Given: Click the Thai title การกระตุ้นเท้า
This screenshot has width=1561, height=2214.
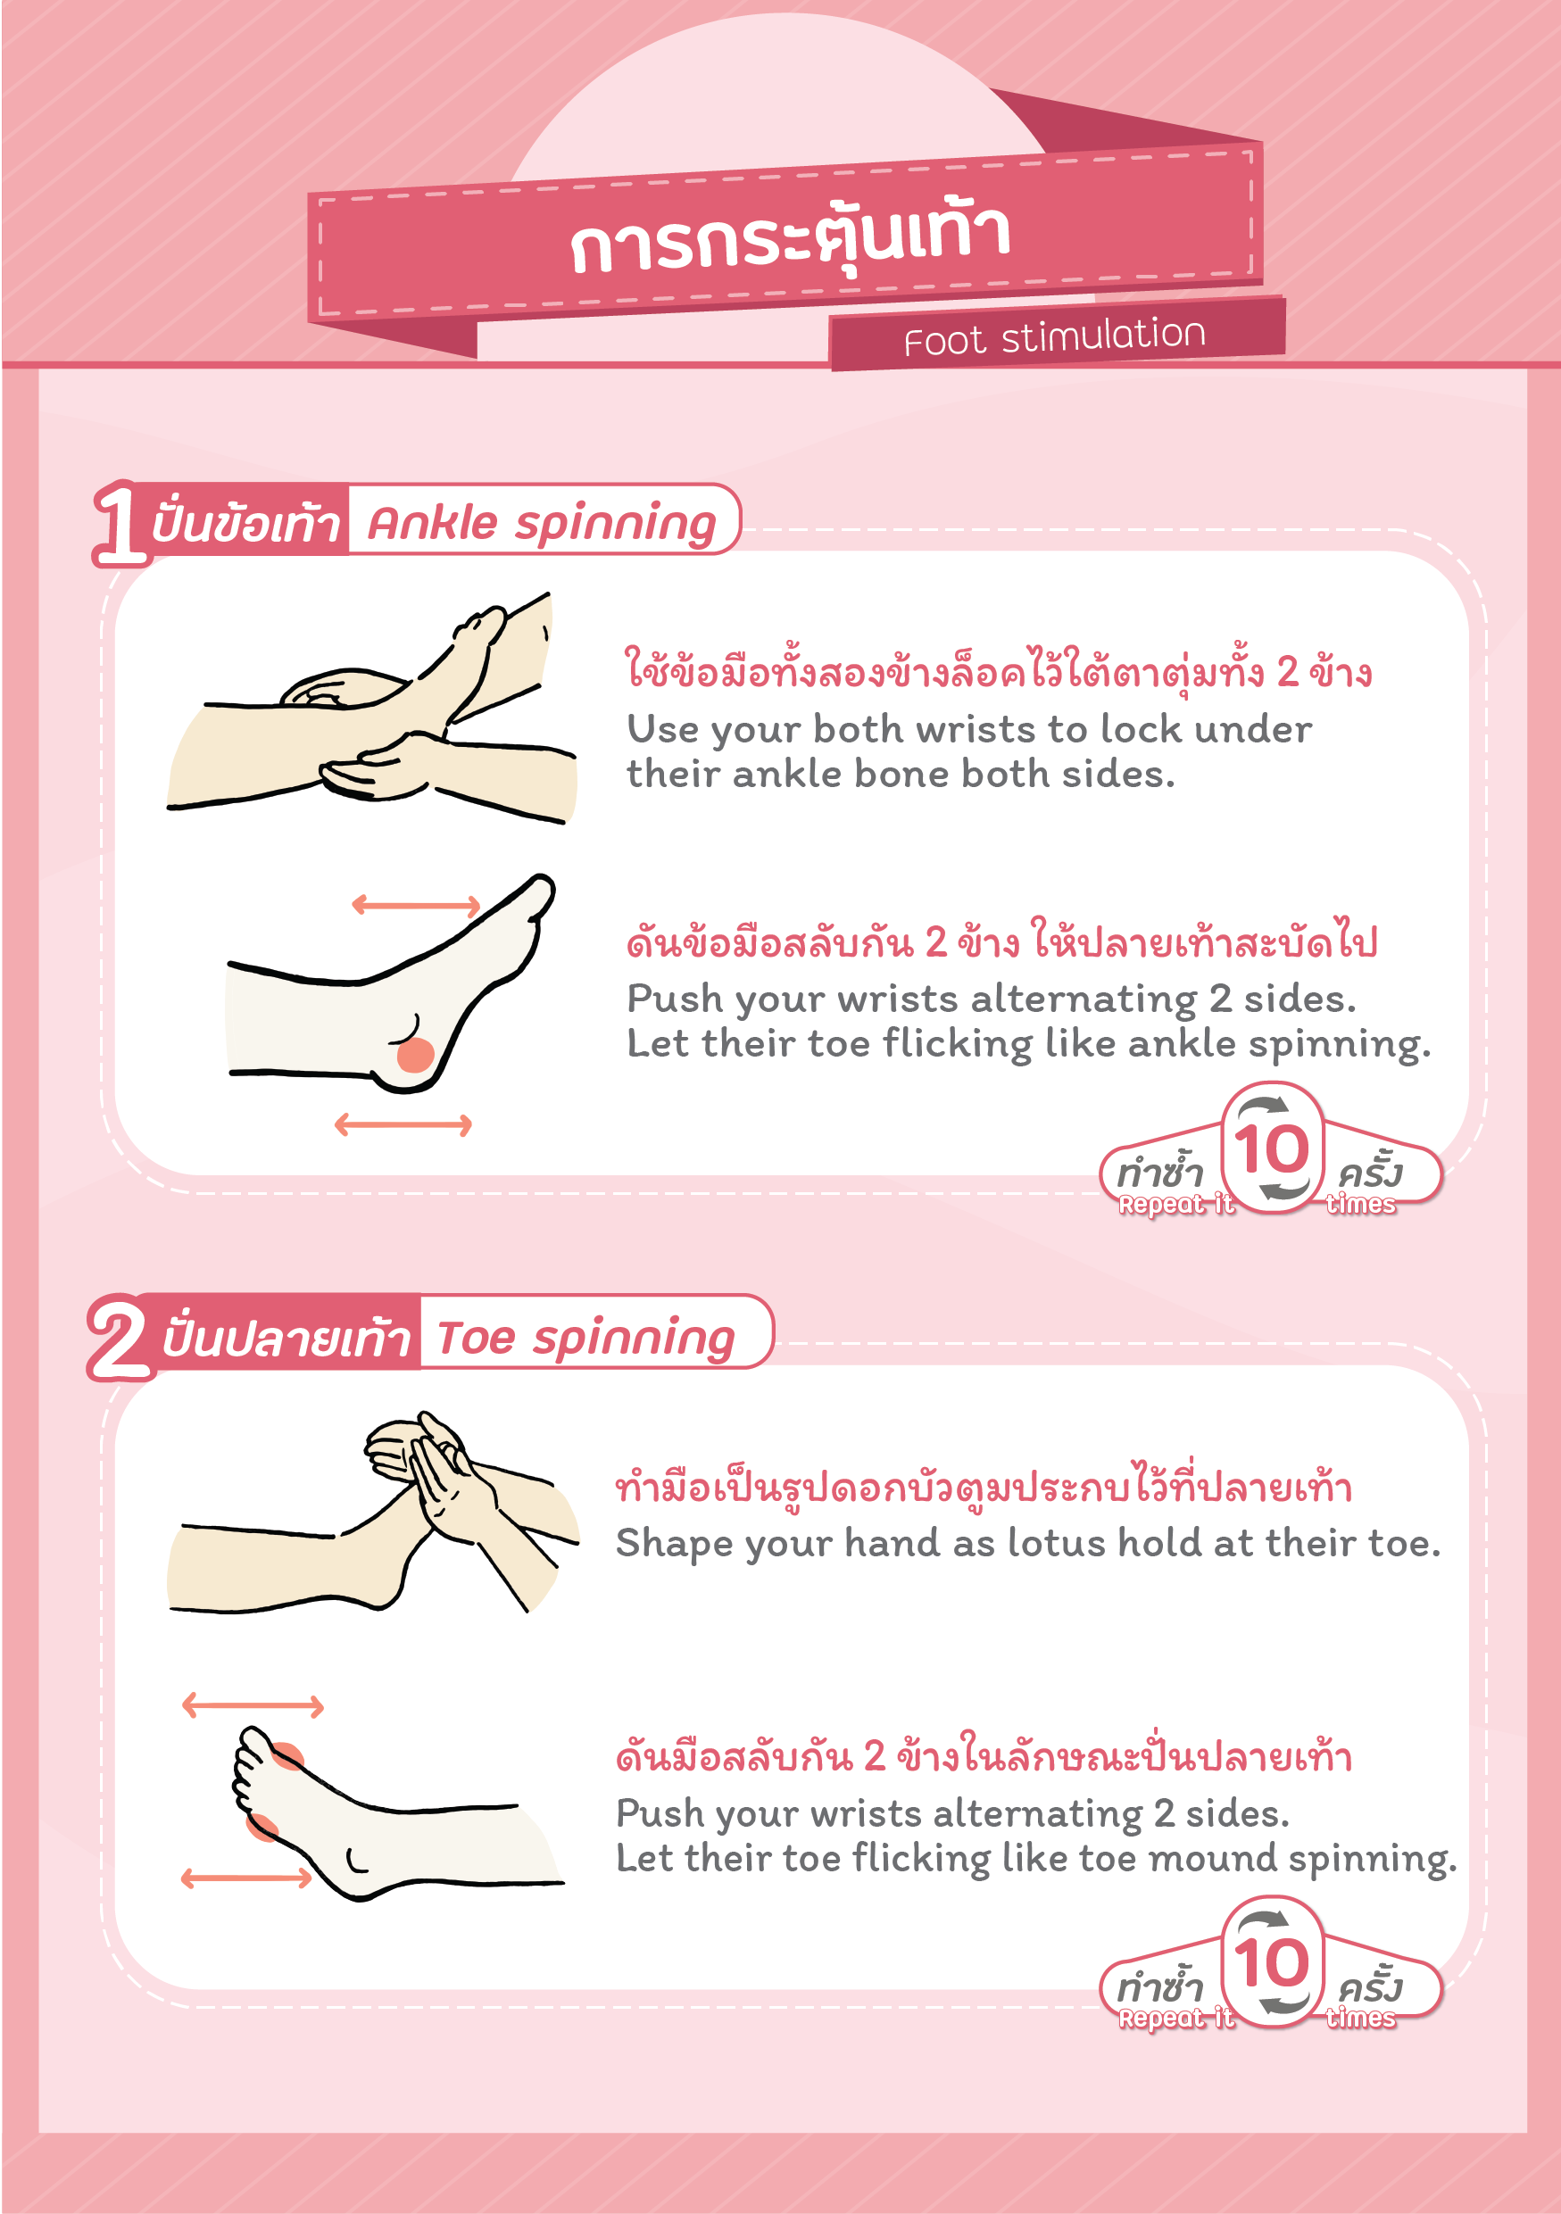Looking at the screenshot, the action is tap(790, 236).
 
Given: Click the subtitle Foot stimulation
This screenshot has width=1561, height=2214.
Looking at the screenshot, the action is tap(1055, 336).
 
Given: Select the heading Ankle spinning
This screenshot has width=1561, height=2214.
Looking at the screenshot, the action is tap(541, 524).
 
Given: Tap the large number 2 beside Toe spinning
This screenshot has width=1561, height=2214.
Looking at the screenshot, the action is tap(118, 1338).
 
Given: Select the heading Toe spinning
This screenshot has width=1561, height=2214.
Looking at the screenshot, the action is tap(585, 1338).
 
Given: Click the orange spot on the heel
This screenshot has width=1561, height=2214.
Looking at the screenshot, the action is tap(416, 1055).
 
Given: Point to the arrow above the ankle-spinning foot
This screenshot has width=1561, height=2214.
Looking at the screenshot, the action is tap(416, 905).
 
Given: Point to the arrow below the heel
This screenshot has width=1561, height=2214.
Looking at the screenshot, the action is tap(403, 1124).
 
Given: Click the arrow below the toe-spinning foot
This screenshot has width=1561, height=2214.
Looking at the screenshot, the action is tap(247, 1878).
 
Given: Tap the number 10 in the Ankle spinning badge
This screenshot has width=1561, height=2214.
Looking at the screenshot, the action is tap(1272, 1148).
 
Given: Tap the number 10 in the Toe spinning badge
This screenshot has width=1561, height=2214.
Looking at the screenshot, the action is tap(1272, 1962).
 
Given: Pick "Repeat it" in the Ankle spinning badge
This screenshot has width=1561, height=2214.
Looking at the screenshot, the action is tap(1176, 1205).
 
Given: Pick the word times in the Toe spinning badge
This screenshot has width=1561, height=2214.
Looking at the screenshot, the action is tap(1360, 2019).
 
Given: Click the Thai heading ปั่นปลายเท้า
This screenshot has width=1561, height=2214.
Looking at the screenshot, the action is tap(286, 1338).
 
